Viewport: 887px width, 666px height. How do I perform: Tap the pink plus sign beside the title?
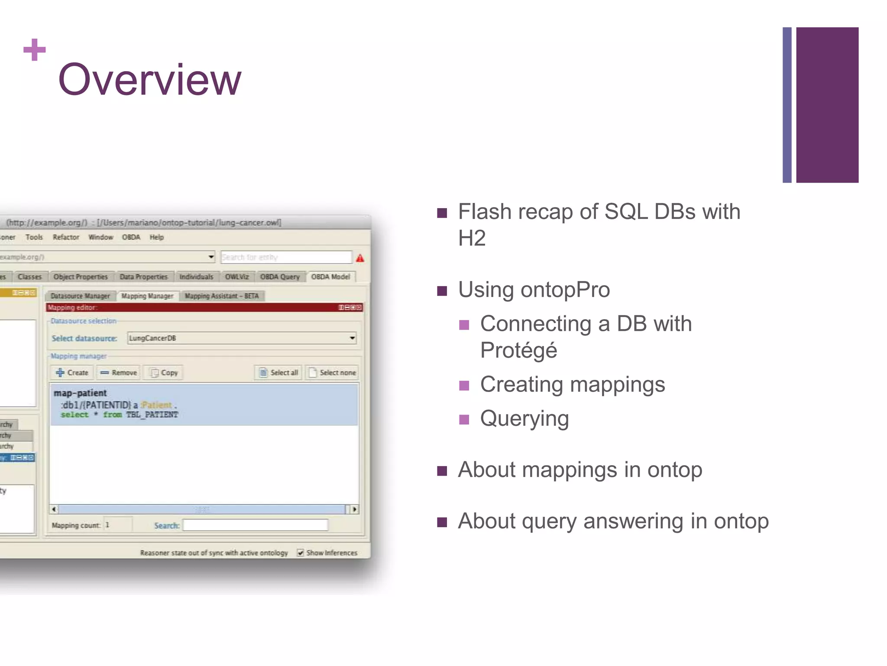(x=35, y=49)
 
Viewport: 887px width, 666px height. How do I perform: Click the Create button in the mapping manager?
(x=72, y=372)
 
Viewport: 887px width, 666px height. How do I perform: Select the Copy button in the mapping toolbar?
(x=164, y=372)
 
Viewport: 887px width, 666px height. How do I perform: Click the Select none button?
(x=332, y=372)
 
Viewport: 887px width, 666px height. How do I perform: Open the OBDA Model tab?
(x=330, y=277)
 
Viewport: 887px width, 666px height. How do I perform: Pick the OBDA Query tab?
(x=279, y=277)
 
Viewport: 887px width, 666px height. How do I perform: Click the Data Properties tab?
(x=143, y=277)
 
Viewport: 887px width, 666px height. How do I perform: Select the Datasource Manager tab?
(x=80, y=296)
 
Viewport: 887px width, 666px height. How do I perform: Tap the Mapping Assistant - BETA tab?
(x=221, y=296)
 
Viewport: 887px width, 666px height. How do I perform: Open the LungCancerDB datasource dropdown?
(x=352, y=338)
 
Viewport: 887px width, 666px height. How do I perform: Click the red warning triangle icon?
(x=360, y=258)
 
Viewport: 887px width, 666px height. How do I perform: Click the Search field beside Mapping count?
(x=255, y=525)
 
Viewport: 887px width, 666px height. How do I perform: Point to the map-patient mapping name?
(x=80, y=393)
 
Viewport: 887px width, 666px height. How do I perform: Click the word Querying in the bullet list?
(x=524, y=418)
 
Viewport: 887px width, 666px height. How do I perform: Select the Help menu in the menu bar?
(x=156, y=237)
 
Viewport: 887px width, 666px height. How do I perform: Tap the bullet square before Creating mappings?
(x=464, y=385)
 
